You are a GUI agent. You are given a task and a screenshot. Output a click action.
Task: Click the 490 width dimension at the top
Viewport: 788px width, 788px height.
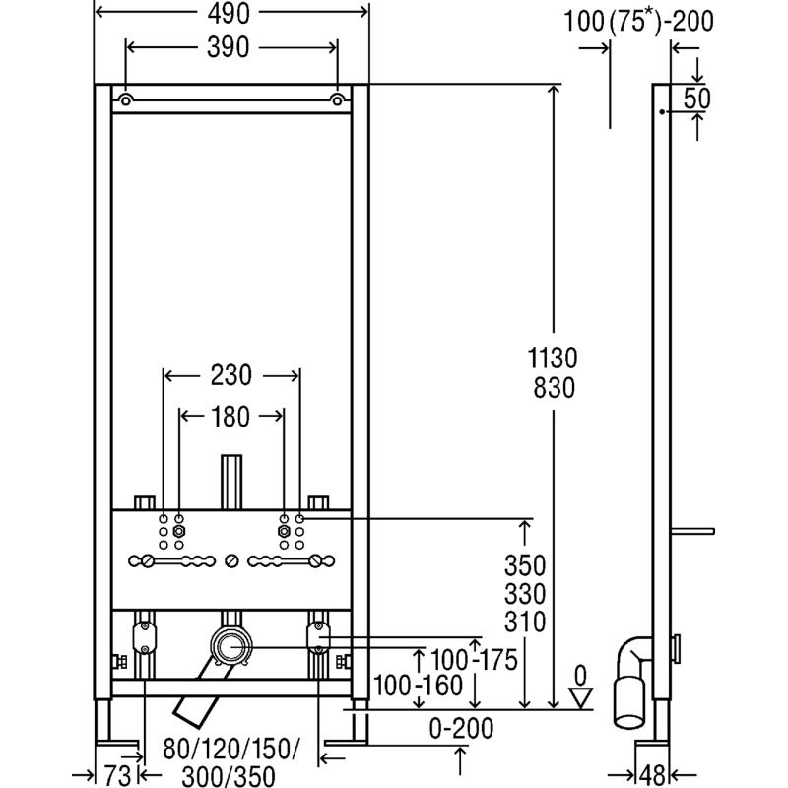pyautogui.click(x=229, y=14)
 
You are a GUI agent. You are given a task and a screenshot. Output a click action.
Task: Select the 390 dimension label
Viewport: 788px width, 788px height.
pyautogui.click(x=229, y=47)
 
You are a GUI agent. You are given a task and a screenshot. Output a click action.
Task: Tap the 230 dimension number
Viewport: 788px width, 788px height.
pyautogui.click(x=231, y=375)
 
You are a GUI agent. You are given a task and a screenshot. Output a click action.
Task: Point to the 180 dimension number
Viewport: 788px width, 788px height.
pyautogui.click(x=230, y=417)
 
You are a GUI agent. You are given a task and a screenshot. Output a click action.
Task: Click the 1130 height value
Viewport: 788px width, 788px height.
pyautogui.click(x=553, y=359)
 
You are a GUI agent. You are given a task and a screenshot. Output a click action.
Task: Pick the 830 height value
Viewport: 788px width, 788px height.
pyautogui.click(x=555, y=388)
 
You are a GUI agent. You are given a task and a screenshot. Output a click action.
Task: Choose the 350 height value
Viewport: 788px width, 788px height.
pyautogui.click(x=525, y=565)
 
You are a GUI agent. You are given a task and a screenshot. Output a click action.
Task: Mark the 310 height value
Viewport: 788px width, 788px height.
pyautogui.click(x=525, y=623)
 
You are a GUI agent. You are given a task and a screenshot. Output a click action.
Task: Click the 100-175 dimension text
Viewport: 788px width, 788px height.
pyautogui.click(x=475, y=659)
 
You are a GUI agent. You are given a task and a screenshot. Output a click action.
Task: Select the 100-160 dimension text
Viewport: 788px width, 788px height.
pyautogui.click(x=418, y=686)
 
